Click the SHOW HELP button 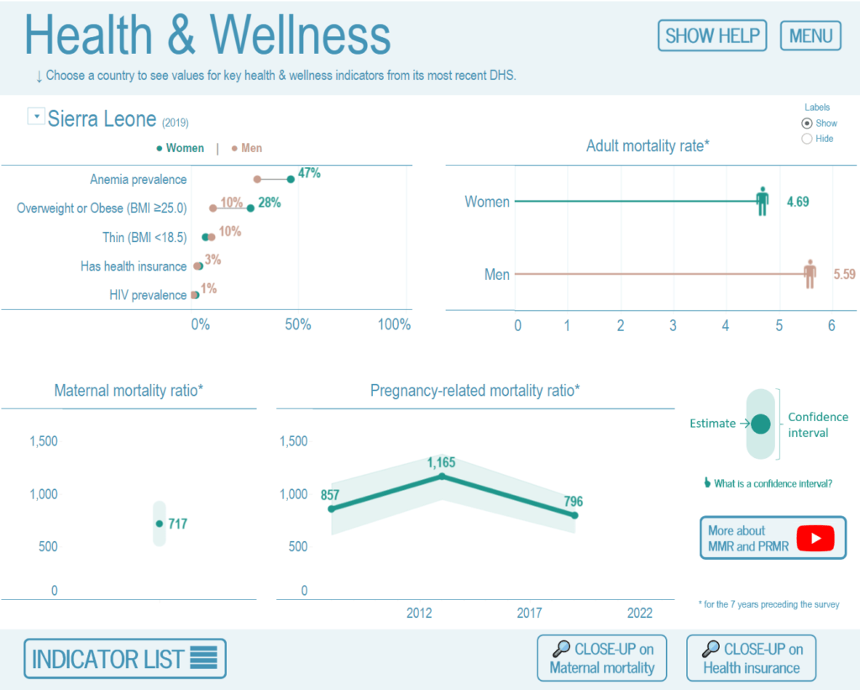coord(712,35)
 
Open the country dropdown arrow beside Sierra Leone coord(36,116)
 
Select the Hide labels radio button coord(807,139)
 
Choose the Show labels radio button coord(807,123)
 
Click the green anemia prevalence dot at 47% coord(291,179)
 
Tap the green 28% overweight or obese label coord(269,203)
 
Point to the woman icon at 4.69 coord(762,202)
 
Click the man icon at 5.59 coord(810,274)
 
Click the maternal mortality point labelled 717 coord(160,524)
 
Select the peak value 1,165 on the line coord(443,477)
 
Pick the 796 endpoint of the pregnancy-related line coord(574,515)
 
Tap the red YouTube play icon coord(815,538)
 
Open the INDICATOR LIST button coord(124,658)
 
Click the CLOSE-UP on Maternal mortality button coord(601,658)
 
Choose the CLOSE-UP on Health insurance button coord(751,658)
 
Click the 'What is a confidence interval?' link coord(768,483)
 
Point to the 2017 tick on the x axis coord(529,613)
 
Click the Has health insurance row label coord(134,266)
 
